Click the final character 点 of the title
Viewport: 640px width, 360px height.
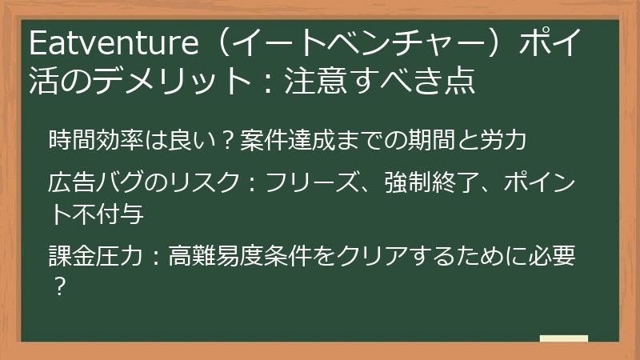point(460,80)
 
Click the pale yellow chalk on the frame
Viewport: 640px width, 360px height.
point(564,339)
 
